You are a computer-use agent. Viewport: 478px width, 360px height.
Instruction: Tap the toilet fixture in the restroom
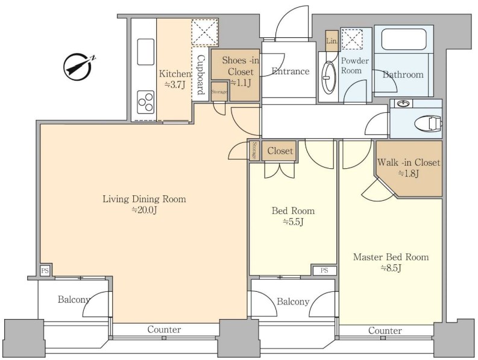click(x=428, y=124)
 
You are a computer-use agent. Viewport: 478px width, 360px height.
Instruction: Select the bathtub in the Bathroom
click(x=403, y=39)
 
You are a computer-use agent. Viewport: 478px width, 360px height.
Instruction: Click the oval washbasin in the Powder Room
click(x=329, y=78)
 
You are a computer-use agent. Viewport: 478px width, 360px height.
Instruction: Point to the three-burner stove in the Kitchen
click(x=146, y=102)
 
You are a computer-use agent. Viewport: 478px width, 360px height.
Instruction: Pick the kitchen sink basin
click(x=146, y=52)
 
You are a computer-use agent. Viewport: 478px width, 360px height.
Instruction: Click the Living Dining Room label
click(x=144, y=199)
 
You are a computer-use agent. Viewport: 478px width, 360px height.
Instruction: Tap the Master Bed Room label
click(x=391, y=257)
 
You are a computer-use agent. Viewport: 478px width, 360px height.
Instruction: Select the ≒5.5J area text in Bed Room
click(x=293, y=222)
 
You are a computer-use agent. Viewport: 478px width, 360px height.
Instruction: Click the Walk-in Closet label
click(x=409, y=162)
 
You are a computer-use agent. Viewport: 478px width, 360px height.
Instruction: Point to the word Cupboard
click(x=201, y=75)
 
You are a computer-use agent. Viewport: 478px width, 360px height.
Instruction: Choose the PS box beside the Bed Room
click(x=324, y=270)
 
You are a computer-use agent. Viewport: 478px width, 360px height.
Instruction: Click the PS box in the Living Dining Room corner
click(x=45, y=270)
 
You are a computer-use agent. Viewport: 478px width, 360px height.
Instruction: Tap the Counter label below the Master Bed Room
click(x=385, y=330)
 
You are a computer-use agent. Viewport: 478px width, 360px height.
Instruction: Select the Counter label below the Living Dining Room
click(x=164, y=329)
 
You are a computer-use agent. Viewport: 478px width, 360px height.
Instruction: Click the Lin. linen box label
click(x=332, y=41)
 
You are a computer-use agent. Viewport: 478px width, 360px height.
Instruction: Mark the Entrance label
click(x=291, y=71)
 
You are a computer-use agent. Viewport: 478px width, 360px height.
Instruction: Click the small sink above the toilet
click(x=403, y=104)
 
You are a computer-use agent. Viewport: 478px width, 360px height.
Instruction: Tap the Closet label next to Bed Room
click(x=280, y=151)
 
